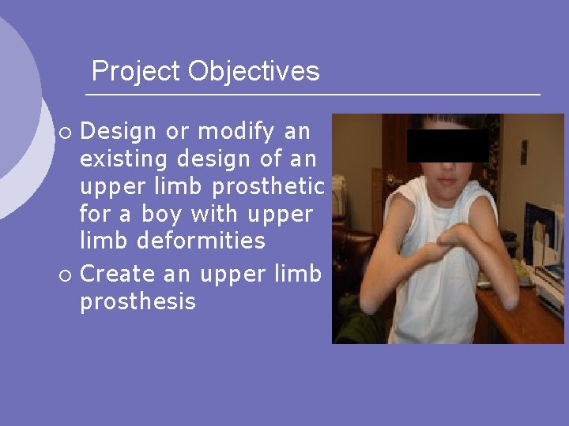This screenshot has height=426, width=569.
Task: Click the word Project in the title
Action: (x=136, y=72)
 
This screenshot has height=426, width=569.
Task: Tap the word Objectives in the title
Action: (x=254, y=72)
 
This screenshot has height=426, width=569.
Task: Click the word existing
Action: (x=124, y=159)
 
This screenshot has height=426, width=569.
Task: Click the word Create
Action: (x=119, y=274)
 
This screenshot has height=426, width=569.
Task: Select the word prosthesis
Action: (x=138, y=301)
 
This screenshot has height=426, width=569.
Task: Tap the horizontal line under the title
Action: (x=312, y=95)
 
